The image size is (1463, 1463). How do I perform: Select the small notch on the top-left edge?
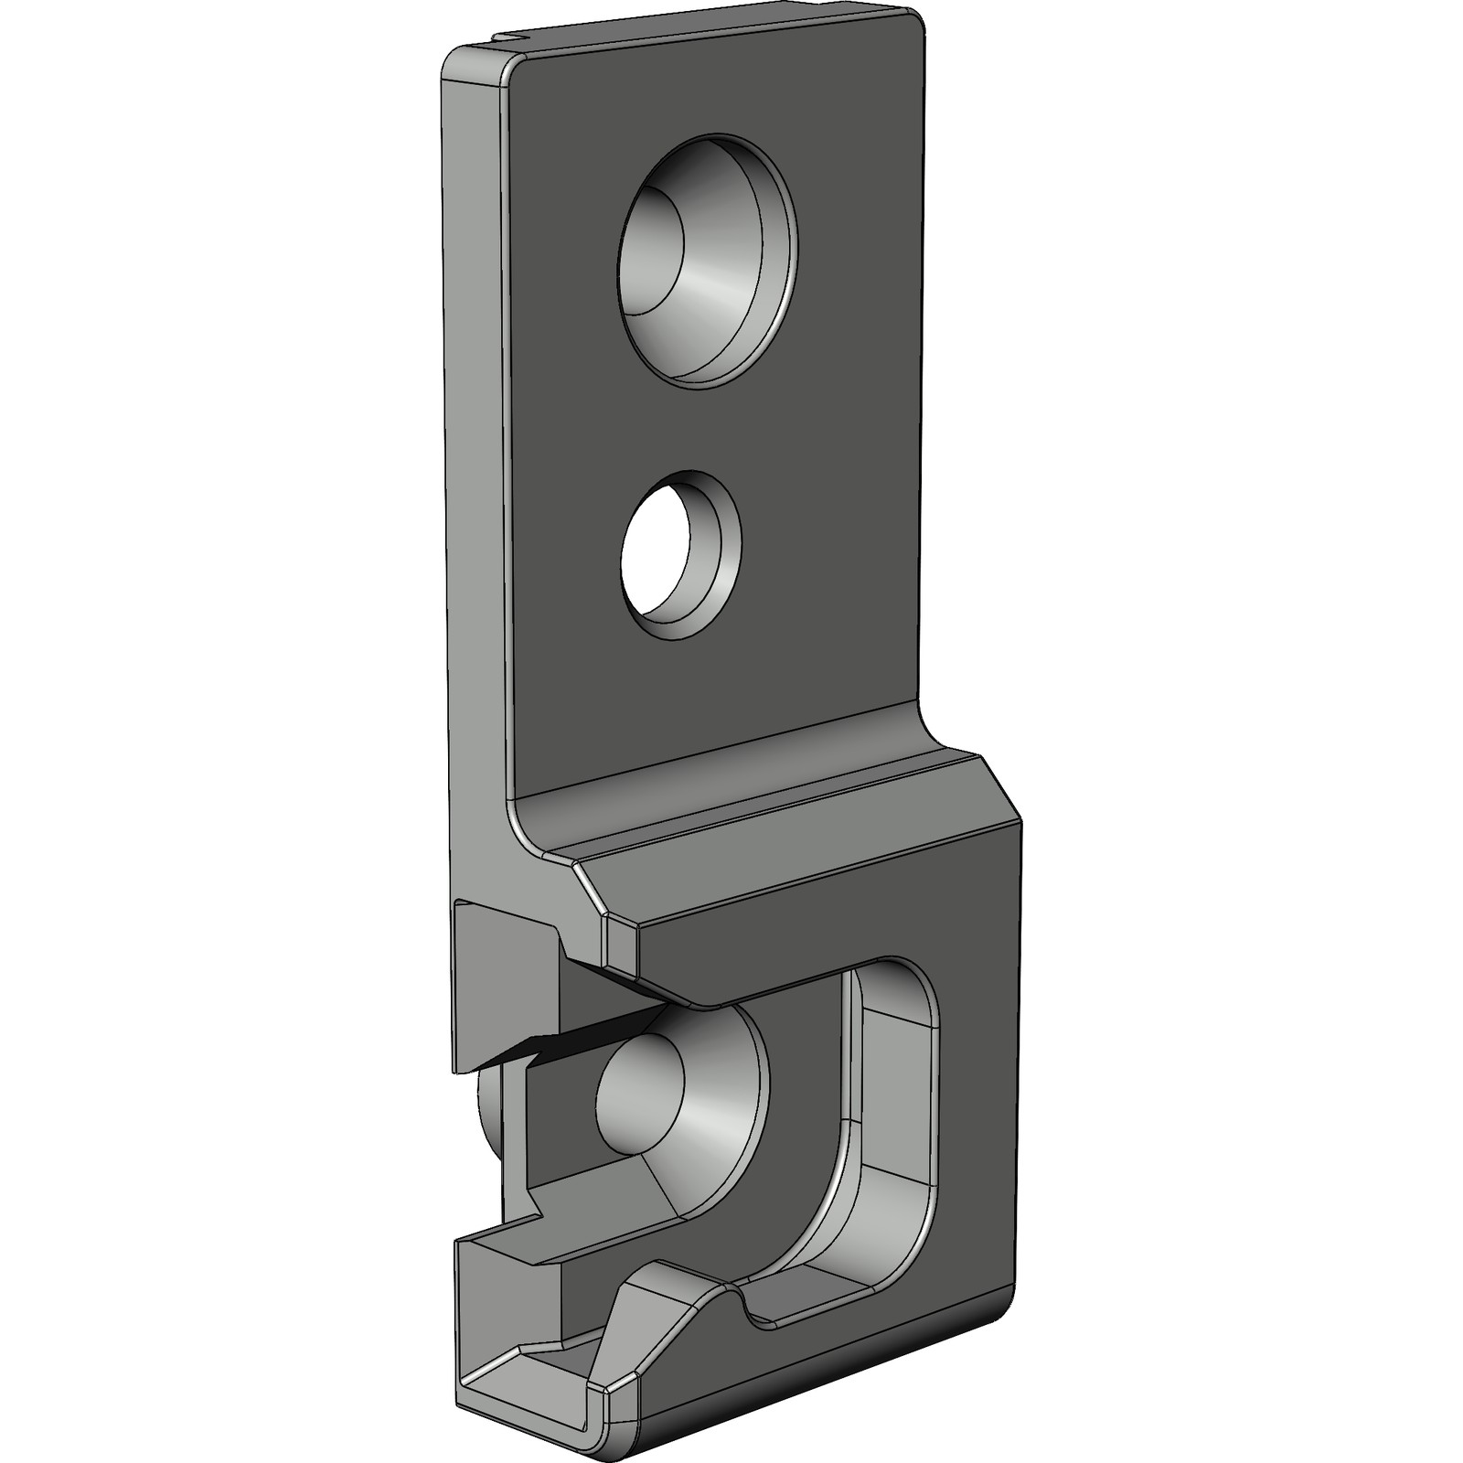[x=512, y=38]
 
